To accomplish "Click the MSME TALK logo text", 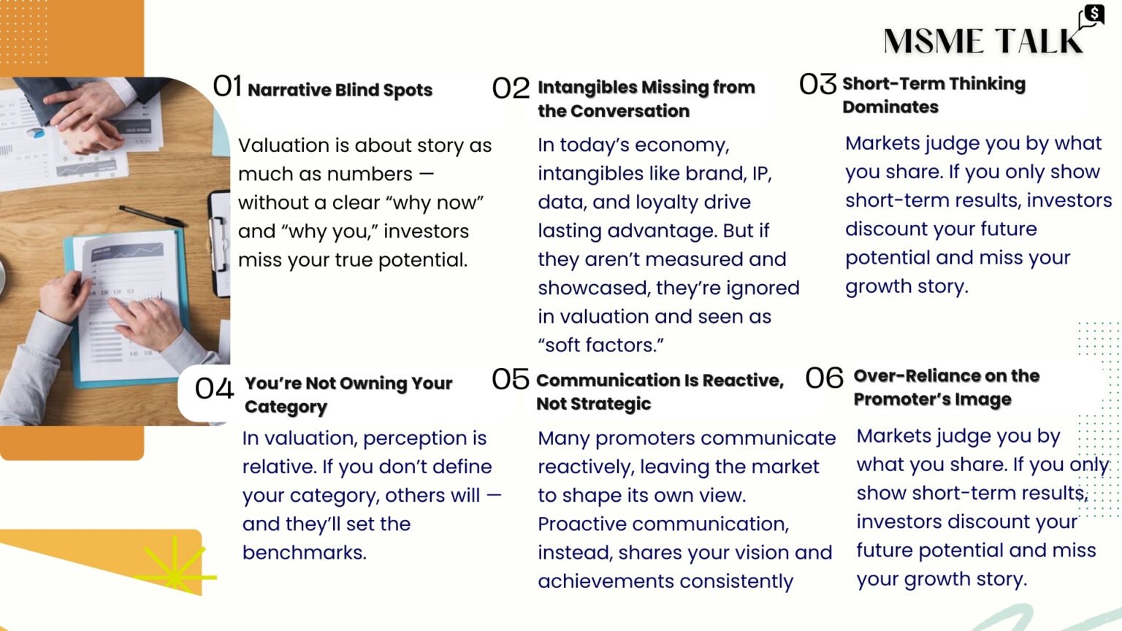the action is tap(983, 41).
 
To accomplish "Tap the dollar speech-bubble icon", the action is tap(1092, 17).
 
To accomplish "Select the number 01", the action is tap(227, 86).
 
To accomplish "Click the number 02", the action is tap(511, 88).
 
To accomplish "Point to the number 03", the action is tap(817, 84).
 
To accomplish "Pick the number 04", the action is tap(214, 388).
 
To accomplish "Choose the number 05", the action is tap(511, 378).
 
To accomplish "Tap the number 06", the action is tap(824, 378).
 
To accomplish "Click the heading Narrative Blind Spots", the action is tap(340, 90).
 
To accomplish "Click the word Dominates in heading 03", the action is tap(890, 107).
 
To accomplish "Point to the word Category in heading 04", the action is tap(286, 407).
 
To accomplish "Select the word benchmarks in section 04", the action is tap(305, 552).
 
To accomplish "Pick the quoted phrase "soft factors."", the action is tap(600, 345).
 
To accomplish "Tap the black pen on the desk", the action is tap(152, 215).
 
